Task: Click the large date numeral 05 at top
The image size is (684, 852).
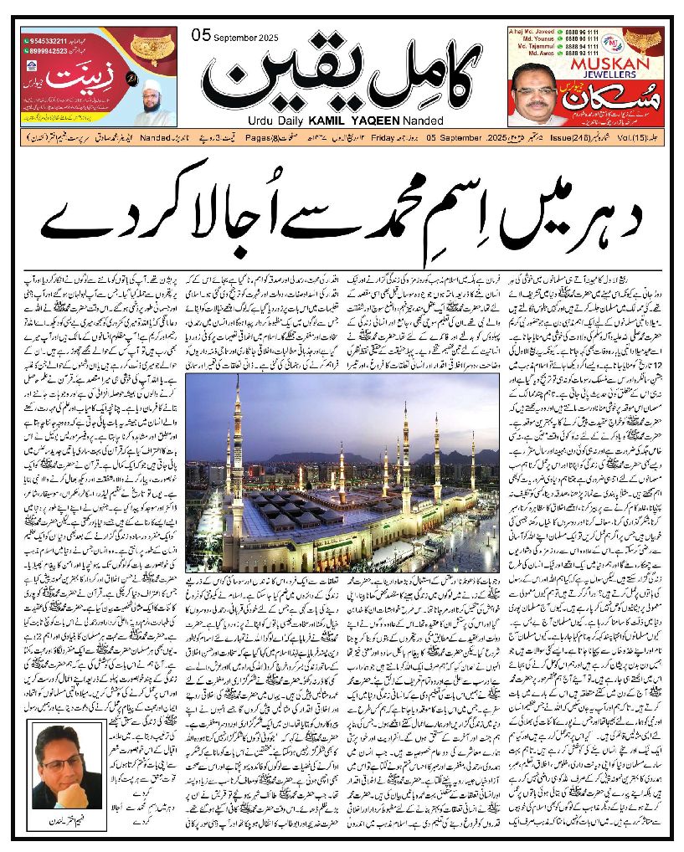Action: point(201,35)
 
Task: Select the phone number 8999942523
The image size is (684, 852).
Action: point(43,48)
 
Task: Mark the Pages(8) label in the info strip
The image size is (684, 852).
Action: point(208,136)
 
